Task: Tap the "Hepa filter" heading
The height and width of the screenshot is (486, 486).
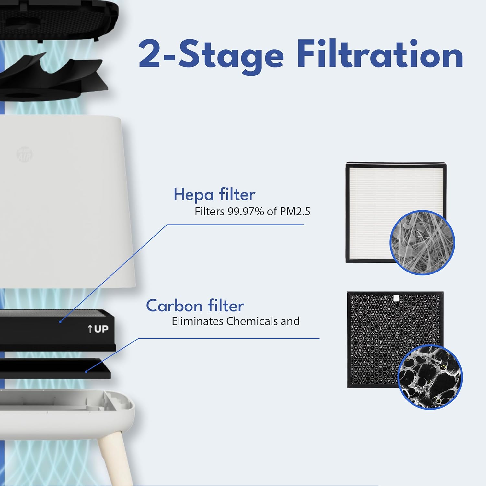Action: click(214, 194)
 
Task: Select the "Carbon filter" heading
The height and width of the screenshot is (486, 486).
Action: click(195, 306)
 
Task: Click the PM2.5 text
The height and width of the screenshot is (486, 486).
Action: click(295, 212)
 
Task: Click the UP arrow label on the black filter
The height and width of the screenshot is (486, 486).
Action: click(98, 329)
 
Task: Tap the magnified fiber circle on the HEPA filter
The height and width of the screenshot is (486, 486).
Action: click(422, 242)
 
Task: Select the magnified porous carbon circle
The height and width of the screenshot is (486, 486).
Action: click(430, 377)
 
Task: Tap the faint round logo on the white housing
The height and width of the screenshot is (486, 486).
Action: click(24, 155)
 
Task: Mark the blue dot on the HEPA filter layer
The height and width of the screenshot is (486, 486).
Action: click(60, 322)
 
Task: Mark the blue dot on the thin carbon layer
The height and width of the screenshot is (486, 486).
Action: click(86, 371)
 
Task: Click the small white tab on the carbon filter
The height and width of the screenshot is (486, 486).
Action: click(395, 298)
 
